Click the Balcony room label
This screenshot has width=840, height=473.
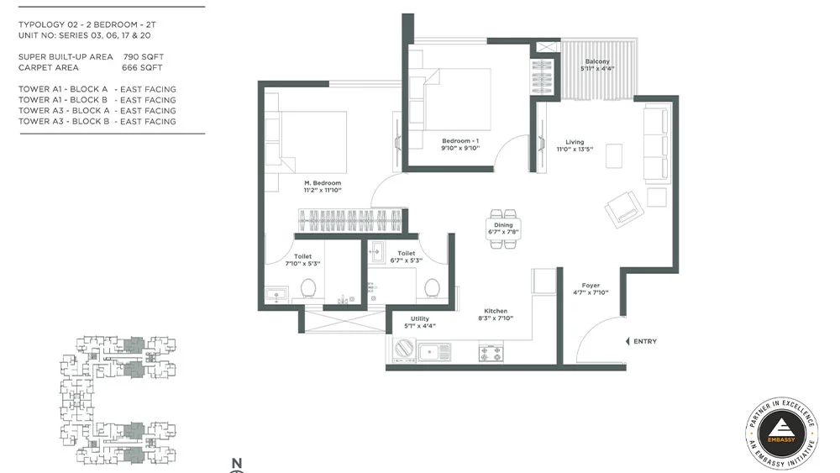597,61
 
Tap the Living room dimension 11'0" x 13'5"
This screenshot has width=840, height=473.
575,150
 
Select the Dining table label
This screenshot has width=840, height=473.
503,225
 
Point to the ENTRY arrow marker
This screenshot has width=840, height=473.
627,341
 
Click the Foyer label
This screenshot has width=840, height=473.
591,286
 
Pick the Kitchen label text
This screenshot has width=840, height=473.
496,311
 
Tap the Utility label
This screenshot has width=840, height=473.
420,318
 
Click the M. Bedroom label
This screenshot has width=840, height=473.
323,182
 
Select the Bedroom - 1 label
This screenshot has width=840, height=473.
460,141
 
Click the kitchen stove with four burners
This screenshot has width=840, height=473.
491,353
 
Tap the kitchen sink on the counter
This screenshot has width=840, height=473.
434,352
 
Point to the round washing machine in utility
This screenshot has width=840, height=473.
405,349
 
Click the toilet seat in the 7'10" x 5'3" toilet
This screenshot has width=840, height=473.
308,288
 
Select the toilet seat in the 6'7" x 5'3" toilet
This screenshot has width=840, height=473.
433,288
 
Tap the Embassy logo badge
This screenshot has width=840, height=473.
781,434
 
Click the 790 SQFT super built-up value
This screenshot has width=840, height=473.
144,57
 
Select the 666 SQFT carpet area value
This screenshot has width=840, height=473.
142,67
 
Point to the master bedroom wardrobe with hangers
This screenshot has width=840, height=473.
349,220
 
